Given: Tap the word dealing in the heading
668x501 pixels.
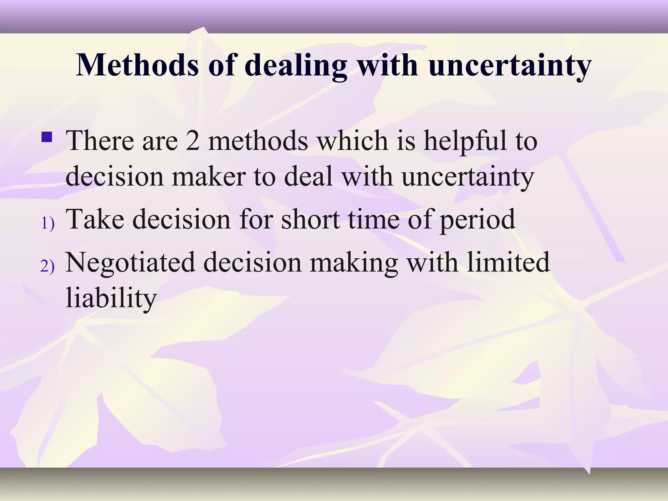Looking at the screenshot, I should [x=296, y=65].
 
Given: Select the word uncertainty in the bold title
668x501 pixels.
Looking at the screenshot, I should [x=510, y=65].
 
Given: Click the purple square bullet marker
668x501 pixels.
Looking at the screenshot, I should [x=47, y=137].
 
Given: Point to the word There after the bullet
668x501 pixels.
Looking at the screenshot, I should [x=100, y=141].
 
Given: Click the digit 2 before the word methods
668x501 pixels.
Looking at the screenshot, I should [x=193, y=141].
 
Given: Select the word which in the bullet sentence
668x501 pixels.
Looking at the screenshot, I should [x=353, y=141].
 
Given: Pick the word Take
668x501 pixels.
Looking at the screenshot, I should [x=95, y=219].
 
